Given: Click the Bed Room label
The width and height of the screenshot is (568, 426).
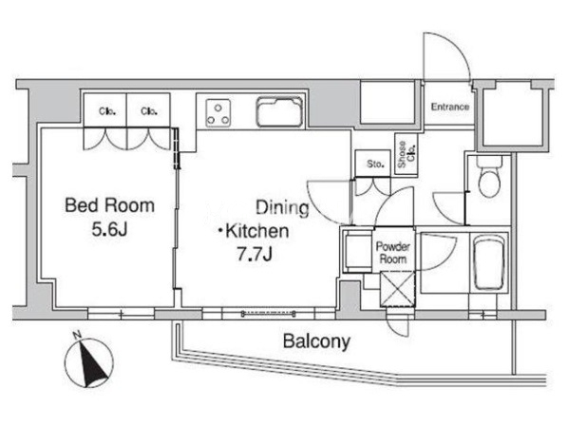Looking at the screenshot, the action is coord(110,205).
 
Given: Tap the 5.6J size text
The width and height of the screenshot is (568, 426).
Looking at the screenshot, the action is coord(109,229).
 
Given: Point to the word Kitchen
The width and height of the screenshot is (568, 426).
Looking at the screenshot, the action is coord(256,231).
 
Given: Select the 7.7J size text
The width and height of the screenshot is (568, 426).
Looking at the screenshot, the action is coord(255,254).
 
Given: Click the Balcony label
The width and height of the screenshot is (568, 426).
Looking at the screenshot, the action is coord(316,341).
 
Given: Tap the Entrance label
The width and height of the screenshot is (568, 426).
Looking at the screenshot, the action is coord(450,106).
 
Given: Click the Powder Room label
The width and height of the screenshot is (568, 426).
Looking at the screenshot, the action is coord(393,253).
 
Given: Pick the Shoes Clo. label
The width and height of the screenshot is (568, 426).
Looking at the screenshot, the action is coord(407,154).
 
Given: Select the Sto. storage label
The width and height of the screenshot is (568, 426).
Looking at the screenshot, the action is coord(375,164).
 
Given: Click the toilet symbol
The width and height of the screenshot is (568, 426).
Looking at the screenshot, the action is coord(489,176).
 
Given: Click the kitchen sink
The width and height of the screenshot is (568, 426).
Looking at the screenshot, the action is coord(279,111).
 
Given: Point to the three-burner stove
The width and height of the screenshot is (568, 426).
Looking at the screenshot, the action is coord(218,113).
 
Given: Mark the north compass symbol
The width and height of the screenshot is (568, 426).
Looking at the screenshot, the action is coord(88,361).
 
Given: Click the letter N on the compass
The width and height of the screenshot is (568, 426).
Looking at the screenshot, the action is coord(77,336).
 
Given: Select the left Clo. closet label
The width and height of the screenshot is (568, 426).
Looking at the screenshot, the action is coord(107,111).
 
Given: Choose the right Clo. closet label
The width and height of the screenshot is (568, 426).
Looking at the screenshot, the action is coord(149,111).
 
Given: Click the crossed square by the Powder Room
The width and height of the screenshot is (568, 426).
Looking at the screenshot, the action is coord(397,289).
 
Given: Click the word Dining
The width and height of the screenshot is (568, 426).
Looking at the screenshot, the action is coord(282,207).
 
